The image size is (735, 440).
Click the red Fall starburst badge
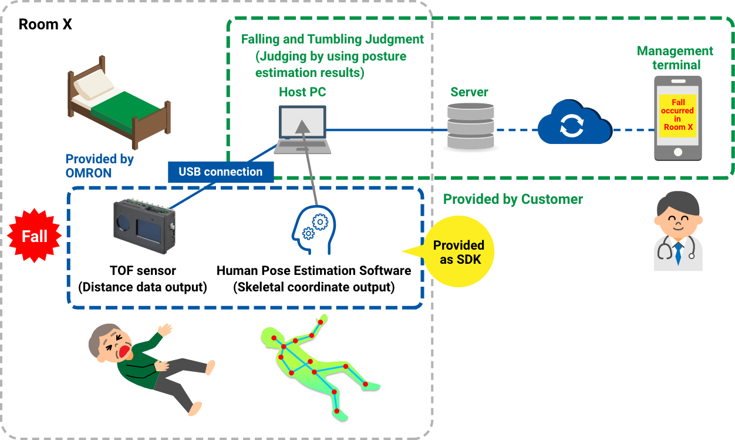(34, 236)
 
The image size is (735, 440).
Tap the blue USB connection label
(221, 172)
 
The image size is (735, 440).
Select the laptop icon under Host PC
(302, 129)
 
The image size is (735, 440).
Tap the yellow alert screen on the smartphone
(677, 115)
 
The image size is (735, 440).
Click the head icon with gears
(313, 230)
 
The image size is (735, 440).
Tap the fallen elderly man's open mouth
(125, 352)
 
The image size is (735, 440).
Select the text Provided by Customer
(513, 199)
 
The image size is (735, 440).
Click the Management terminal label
(675, 58)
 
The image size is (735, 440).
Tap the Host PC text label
(302, 92)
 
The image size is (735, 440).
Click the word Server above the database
(469, 92)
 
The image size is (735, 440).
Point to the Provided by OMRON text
(99, 166)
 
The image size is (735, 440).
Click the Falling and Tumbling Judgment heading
(332, 39)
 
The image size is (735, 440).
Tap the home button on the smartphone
(678, 152)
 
